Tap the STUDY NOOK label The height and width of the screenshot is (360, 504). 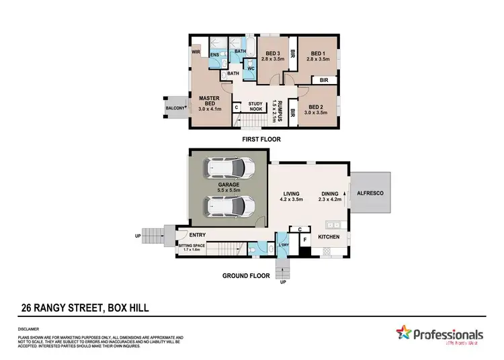(x=256, y=106)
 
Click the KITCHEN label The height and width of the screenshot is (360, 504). (x=329, y=237)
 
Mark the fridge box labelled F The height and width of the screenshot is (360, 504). (x=304, y=239)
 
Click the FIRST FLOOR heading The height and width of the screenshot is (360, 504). (x=261, y=139)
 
